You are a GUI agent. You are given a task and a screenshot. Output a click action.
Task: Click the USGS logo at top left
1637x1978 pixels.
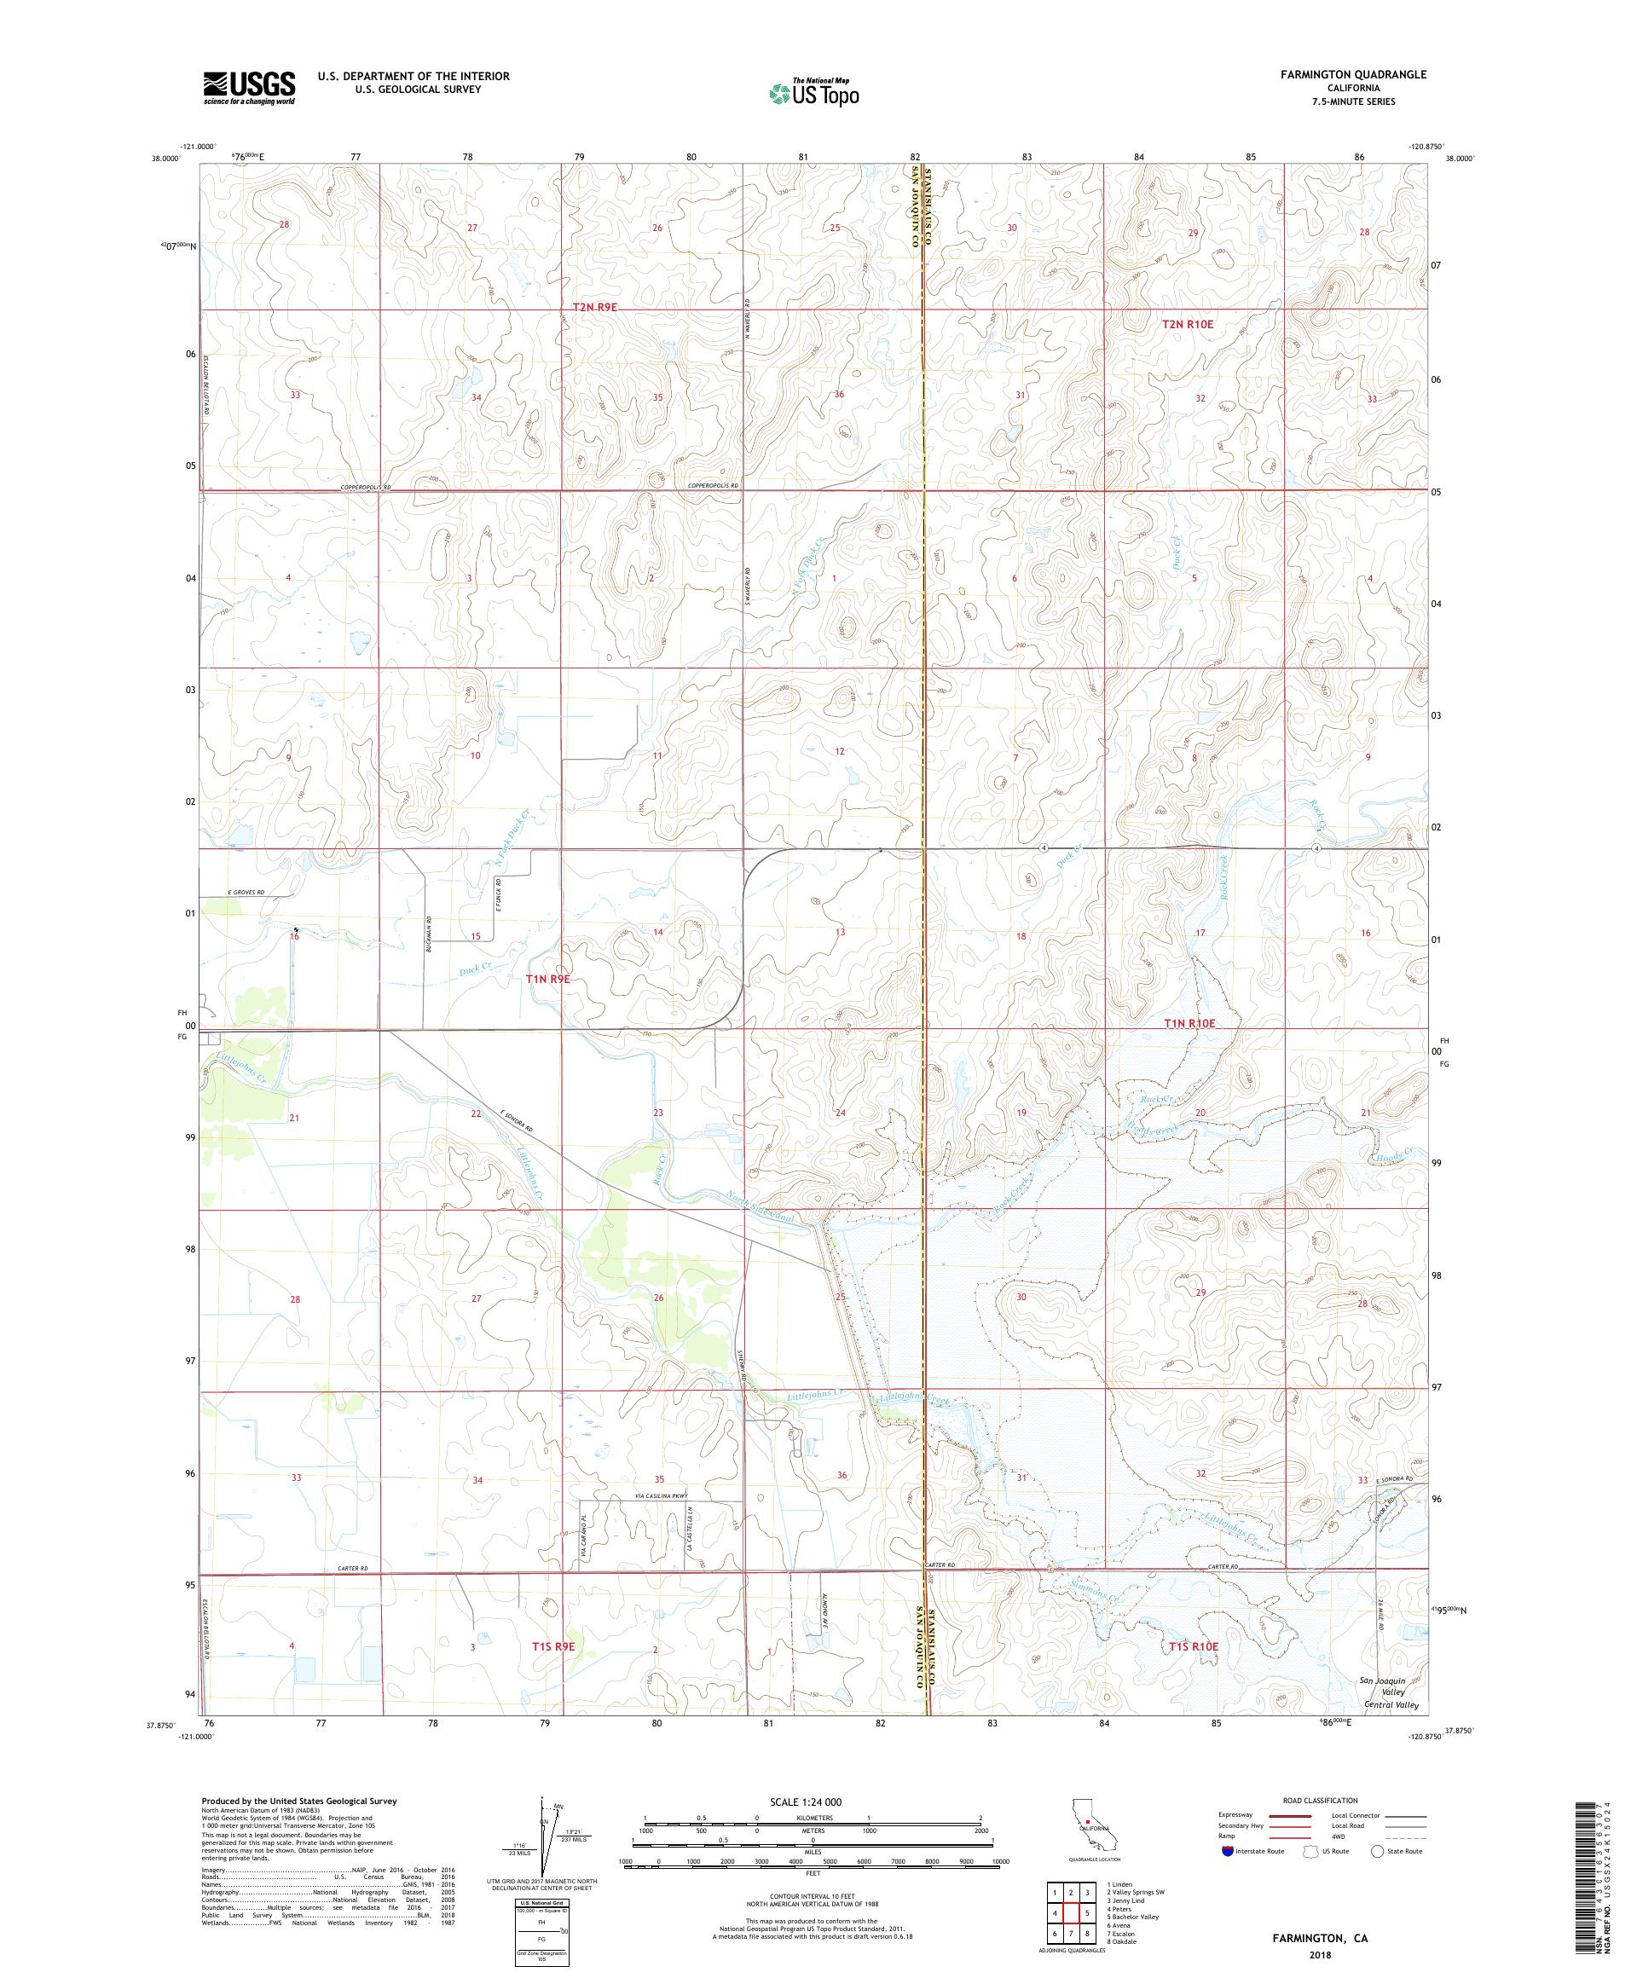[x=250, y=89]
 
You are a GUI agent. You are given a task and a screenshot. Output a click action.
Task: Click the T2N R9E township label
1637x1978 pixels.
[x=601, y=307]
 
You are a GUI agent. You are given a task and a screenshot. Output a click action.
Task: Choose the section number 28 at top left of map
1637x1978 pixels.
[x=284, y=224]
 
